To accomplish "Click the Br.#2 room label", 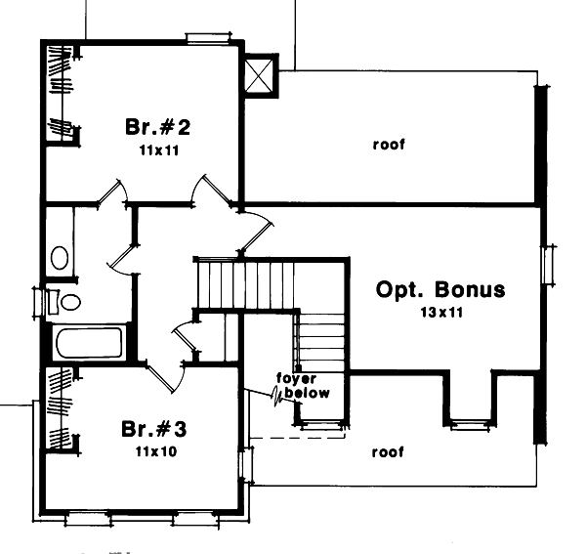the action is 157,127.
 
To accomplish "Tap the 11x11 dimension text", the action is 159,150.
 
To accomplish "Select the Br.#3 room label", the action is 154,429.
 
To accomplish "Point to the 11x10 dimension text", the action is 155,452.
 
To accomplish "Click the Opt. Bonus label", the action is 440,290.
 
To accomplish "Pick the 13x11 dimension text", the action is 441,312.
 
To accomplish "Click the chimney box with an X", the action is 260,75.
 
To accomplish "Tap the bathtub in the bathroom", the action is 89,342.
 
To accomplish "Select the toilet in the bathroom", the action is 66,302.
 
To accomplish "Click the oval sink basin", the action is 60,258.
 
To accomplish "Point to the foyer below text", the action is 303,386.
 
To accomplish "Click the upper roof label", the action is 389,145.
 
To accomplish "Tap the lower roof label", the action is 388,452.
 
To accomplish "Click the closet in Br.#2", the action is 60,94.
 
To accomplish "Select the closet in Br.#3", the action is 60,409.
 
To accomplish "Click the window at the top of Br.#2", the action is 208,38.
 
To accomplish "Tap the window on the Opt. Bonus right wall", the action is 549,265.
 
